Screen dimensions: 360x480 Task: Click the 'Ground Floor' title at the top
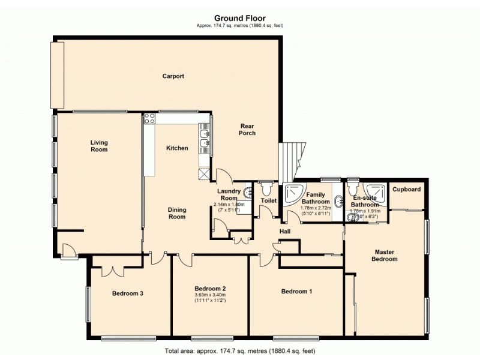[x=240, y=18]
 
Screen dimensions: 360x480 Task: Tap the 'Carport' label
[x=173, y=76]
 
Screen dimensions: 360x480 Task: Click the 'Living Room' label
[x=99, y=146]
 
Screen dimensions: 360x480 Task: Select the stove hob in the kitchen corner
[x=149, y=119]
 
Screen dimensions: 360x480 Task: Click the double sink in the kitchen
[x=205, y=139]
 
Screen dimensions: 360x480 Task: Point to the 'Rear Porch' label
[x=247, y=129]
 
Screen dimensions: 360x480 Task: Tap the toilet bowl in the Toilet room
[x=267, y=189]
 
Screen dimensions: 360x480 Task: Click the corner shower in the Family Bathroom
[x=294, y=193]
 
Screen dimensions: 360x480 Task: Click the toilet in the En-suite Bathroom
[x=352, y=188]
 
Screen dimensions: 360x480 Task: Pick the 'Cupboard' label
[x=406, y=190]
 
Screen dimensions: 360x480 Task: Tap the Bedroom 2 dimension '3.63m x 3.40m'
[x=210, y=295]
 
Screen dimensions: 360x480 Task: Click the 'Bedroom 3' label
[x=127, y=293]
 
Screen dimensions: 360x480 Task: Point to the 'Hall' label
[x=286, y=232]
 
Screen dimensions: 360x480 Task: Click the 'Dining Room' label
[x=177, y=213]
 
